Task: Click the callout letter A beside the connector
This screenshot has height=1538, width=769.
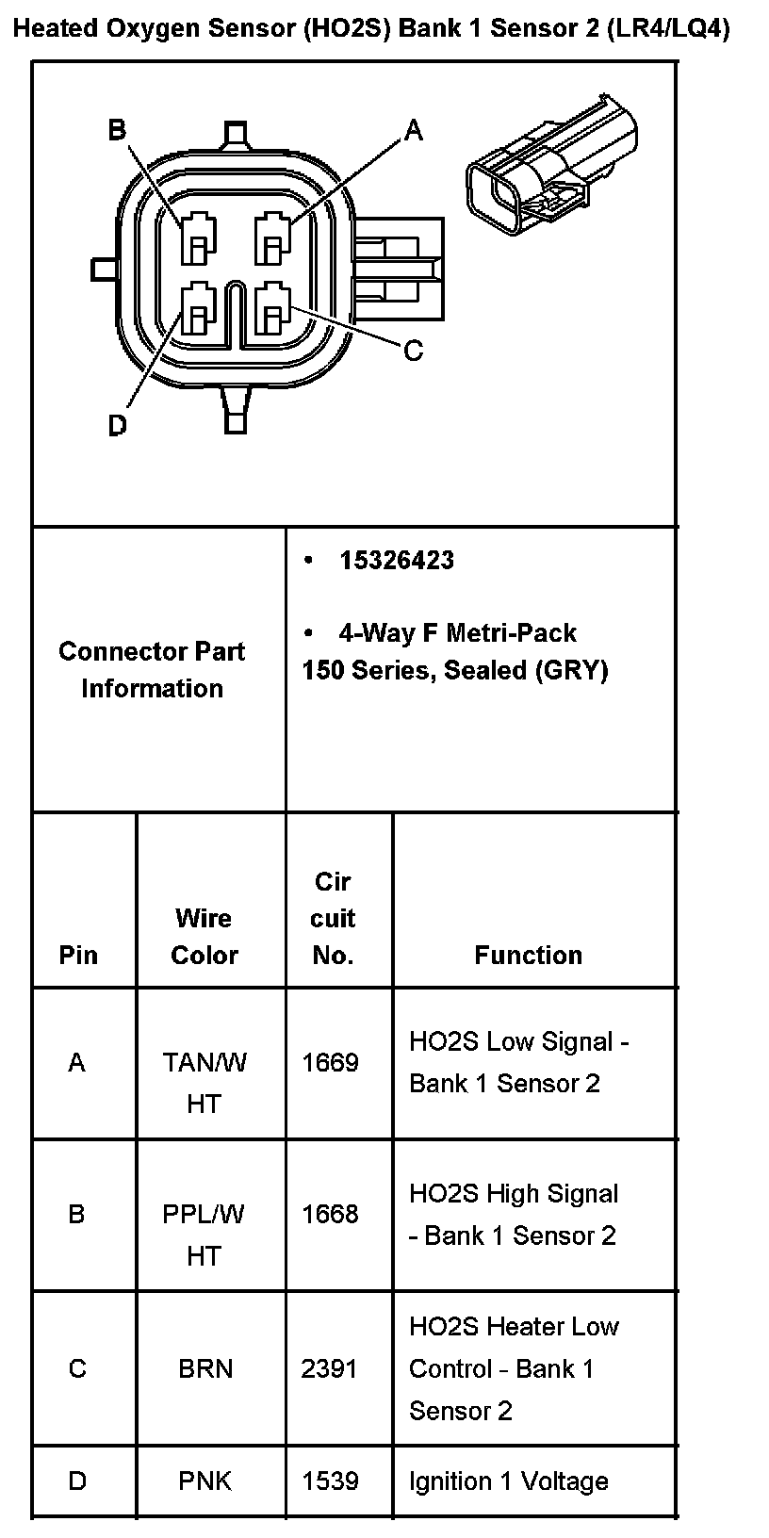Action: click(414, 131)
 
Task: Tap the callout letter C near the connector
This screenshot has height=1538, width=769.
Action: click(413, 351)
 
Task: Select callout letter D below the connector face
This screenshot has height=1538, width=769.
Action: click(117, 426)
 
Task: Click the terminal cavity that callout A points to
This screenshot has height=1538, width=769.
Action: click(273, 238)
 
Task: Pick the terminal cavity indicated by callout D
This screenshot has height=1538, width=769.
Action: click(198, 309)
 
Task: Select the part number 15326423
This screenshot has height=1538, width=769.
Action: click(397, 560)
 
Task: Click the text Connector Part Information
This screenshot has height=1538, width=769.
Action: click(152, 669)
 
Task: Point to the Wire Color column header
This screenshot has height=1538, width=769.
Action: click(204, 936)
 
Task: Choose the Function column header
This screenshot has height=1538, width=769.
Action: click(528, 955)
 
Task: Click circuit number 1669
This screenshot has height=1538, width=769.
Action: click(330, 1063)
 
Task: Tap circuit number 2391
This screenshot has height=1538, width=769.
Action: click(329, 1368)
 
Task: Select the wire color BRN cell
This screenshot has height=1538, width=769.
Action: click(205, 1368)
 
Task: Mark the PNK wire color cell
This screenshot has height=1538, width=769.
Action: click(205, 1481)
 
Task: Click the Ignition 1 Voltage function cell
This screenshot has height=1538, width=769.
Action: click(508, 1481)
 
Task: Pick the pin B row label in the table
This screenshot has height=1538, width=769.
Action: click(77, 1214)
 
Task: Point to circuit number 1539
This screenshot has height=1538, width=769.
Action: click(330, 1481)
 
